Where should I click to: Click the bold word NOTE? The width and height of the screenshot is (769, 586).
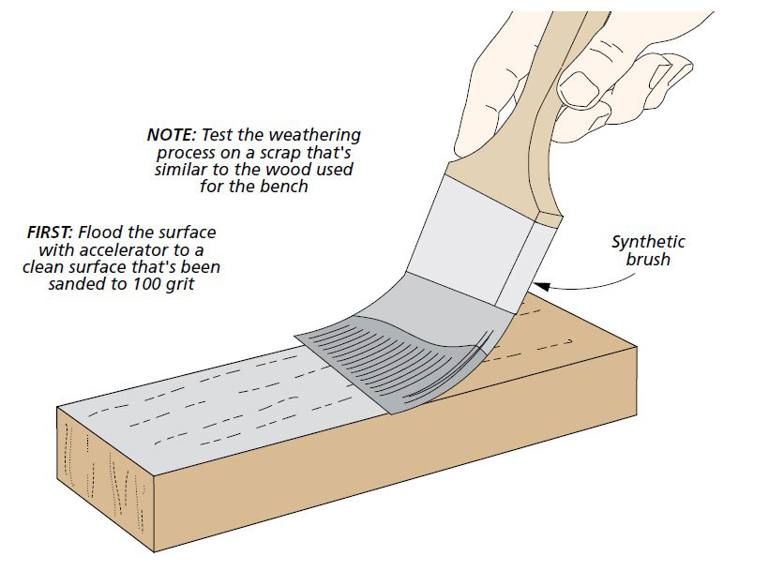pyautogui.click(x=172, y=135)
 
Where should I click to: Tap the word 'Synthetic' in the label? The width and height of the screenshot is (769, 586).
pyautogui.click(x=648, y=241)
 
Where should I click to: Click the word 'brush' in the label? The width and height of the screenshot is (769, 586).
pyautogui.click(x=648, y=259)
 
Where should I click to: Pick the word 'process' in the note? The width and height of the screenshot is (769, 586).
pyautogui.click(x=176, y=152)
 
